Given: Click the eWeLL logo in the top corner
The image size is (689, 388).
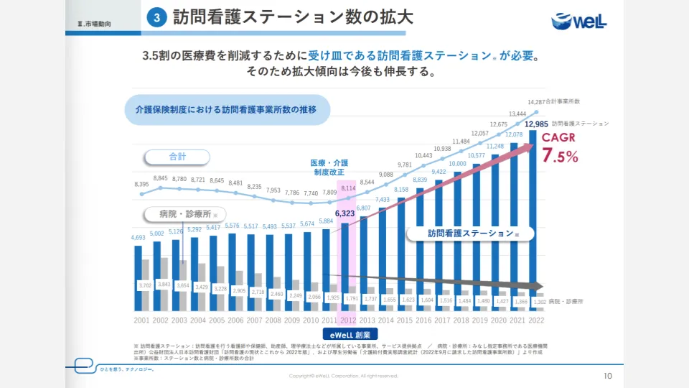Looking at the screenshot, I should tap(579, 21).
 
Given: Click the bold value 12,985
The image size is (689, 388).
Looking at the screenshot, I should tap(537, 124).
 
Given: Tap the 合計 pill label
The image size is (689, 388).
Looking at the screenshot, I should tap(177, 157).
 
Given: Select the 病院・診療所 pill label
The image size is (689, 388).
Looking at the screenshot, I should tap(182, 213).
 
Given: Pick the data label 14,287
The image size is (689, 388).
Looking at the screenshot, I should tap(537, 102).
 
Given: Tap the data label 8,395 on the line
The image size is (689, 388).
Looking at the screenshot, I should tap(141, 184).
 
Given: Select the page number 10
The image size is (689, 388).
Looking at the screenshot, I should tap(608, 376).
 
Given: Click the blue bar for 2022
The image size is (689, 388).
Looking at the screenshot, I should tap(533, 216).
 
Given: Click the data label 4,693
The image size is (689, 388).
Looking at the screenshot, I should tap(139, 238).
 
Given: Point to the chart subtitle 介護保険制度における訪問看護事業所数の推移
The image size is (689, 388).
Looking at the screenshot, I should tap(226, 110).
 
